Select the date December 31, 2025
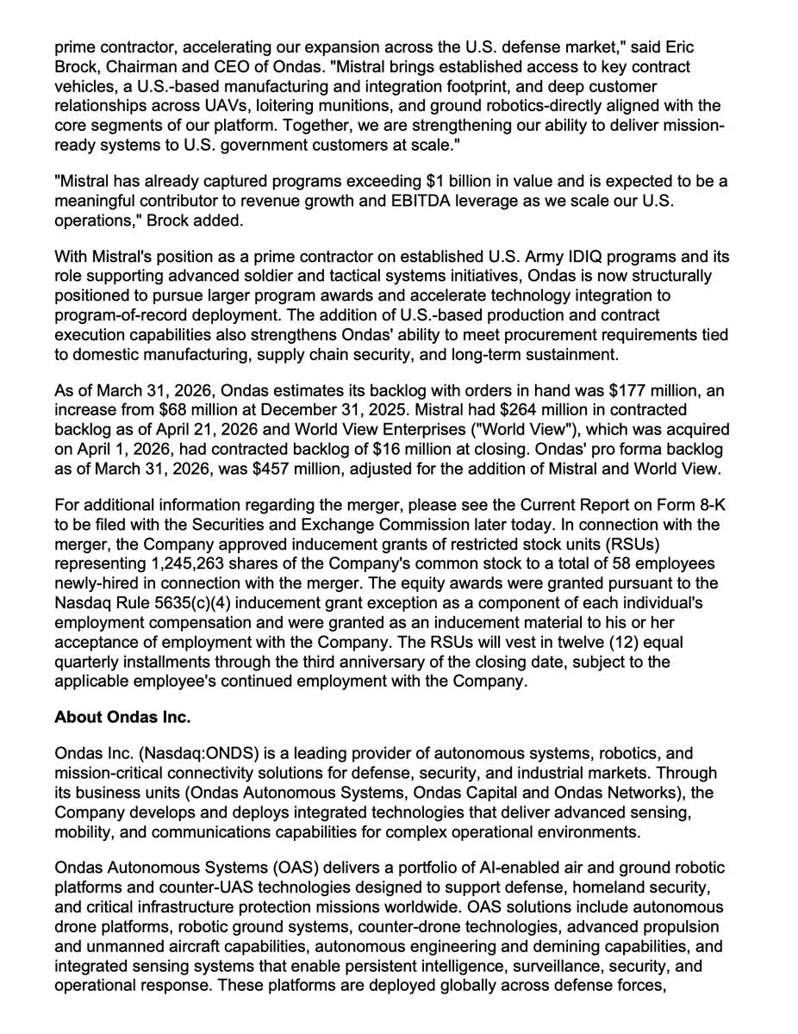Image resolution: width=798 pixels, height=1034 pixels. pyautogui.click(x=328, y=410)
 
